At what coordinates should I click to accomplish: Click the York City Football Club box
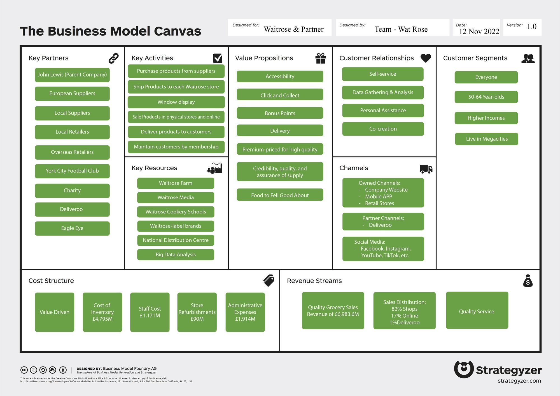click(x=72, y=171)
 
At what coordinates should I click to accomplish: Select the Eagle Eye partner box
click(x=72, y=228)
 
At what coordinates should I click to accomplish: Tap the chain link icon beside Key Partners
click(x=113, y=58)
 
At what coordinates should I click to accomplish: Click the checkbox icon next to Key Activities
click(x=218, y=58)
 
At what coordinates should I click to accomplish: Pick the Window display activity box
click(x=176, y=102)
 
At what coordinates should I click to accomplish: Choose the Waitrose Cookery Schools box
click(x=176, y=212)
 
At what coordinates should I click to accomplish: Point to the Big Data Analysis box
click(x=176, y=255)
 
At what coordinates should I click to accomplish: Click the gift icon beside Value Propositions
click(x=320, y=59)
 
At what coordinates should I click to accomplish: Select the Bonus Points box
click(x=280, y=113)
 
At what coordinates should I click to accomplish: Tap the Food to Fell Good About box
click(x=280, y=195)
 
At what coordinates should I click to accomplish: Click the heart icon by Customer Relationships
click(x=426, y=58)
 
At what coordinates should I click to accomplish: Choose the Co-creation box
click(x=383, y=129)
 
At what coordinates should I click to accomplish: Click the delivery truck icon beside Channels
click(x=426, y=169)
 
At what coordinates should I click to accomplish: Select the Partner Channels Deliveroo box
click(x=383, y=222)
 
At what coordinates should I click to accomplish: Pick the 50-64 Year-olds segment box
click(x=486, y=97)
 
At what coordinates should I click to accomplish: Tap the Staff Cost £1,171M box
click(x=150, y=312)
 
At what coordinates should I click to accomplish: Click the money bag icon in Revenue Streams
click(x=528, y=281)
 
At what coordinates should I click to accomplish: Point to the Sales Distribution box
click(x=404, y=311)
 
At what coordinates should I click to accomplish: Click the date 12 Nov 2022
click(x=479, y=31)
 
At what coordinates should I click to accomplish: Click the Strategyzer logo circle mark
click(x=464, y=369)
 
